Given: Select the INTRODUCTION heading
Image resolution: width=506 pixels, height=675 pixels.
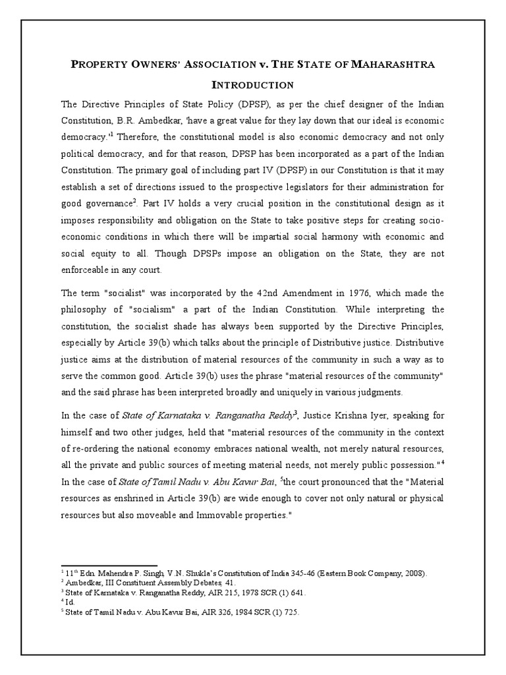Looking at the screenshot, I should pyautogui.click(x=252, y=85).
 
